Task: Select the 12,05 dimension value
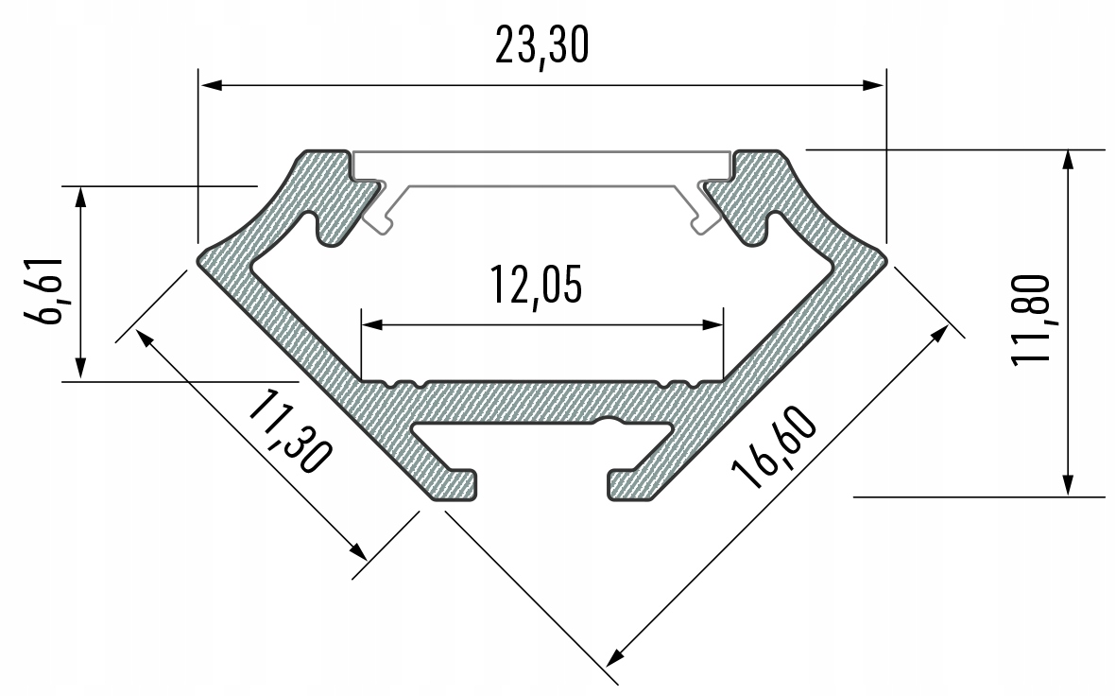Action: click(x=535, y=286)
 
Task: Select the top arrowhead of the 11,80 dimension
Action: click(x=1067, y=159)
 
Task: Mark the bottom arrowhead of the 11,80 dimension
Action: click(x=1067, y=486)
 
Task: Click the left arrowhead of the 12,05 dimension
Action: click(x=371, y=324)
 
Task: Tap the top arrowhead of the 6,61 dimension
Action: click(x=81, y=196)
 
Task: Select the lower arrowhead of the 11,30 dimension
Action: click(x=357, y=551)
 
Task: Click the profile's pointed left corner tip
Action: click(x=200, y=258)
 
